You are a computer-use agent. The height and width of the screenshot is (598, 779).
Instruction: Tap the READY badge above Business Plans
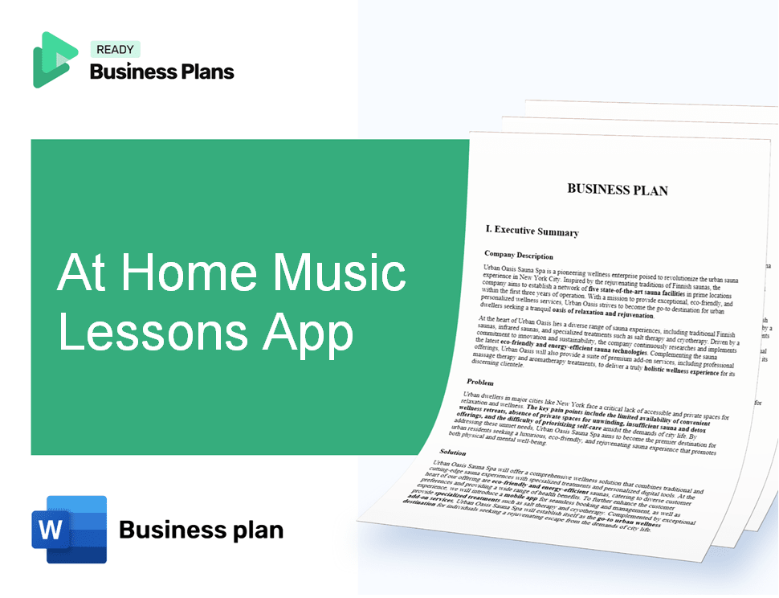point(115,50)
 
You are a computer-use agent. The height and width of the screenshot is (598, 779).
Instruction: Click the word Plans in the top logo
point(206,72)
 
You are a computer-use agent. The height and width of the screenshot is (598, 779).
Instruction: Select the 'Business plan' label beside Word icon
point(201,530)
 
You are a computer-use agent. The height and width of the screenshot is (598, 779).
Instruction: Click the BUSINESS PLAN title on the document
point(617,190)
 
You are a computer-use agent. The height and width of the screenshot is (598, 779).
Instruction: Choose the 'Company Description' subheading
point(519,255)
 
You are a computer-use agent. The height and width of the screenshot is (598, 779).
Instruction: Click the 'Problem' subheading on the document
point(480,382)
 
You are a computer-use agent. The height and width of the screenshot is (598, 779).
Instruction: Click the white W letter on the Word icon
point(51,528)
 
